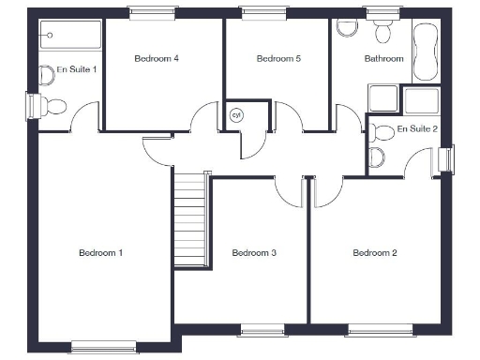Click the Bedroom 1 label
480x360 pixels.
click(x=101, y=253)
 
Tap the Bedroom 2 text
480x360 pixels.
click(x=375, y=252)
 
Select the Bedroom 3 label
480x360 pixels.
click(x=254, y=252)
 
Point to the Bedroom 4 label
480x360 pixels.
click(x=157, y=59)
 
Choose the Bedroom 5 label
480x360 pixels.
click(x=278, y=59)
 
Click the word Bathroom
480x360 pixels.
click(x=384, y=59)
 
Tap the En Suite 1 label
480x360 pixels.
click(x=77, y=69)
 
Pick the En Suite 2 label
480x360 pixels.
click(x=417, y=128)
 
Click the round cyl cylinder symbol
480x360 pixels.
click(x=236, y=114)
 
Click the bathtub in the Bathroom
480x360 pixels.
click(x=425, y=52)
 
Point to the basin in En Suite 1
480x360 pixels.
click(x=46, y=72)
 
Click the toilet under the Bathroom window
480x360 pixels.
click(x=382, y=33)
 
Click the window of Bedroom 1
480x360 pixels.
click(x=103, y=347)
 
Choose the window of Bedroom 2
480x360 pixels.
click(x=380, y=329)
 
